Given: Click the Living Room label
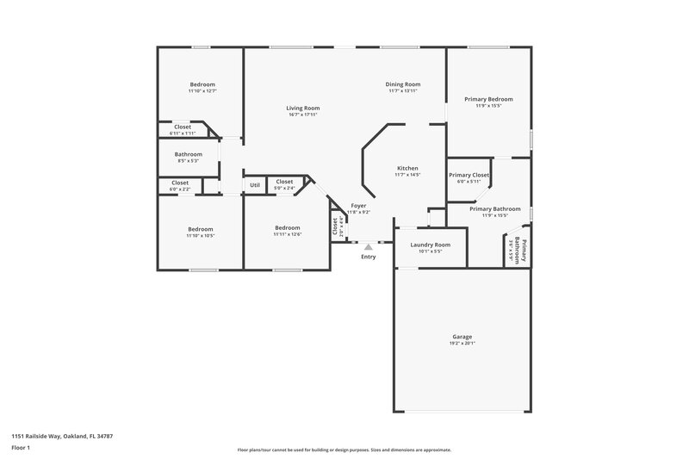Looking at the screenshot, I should tap(303, 108).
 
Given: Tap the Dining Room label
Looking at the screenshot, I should tap(403, 84).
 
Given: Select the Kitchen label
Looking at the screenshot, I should tap(407, 168).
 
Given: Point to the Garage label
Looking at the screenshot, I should tap(462, 337).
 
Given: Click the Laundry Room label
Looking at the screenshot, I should tap(430, 245).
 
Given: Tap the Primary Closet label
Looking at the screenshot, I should tap(469, 175).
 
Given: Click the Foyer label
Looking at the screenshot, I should tap(358, 206).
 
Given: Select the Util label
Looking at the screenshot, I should tap(254, 184).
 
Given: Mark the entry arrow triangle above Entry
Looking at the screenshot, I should tap(369, 247).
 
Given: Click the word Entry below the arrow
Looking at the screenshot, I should tap(369, 257).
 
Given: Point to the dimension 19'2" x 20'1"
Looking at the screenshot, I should tap(462, 344).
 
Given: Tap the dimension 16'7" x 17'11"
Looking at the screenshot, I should tap(303, 115).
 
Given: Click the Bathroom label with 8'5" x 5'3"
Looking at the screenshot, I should tap(189, 154).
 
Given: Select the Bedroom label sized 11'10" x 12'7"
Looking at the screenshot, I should tap(202, 84).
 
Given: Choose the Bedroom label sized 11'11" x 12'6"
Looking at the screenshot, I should tap(287, 228).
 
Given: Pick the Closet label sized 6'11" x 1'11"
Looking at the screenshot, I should tap(183, 127).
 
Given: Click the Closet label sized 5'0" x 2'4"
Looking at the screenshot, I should tap(284, 182).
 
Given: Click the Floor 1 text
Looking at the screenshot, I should tap(22, 449).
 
